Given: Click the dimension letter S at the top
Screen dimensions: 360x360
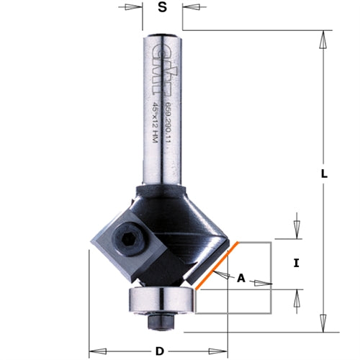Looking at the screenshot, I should click(162, 8).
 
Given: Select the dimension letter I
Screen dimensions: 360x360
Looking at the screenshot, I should click(296, 264).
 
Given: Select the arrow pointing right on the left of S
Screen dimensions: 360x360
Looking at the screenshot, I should click(132, 8).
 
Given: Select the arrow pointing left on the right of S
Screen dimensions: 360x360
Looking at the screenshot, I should click(191, 8).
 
